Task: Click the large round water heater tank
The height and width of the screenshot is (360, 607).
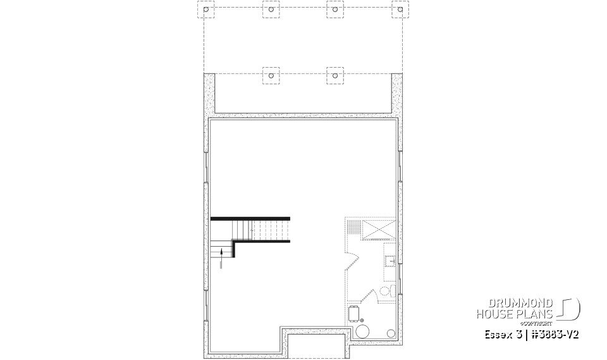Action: pyautogui.click(x=363, y=332)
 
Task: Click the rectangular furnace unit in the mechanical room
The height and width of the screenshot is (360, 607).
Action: pyautogui.click(x=354, y=313)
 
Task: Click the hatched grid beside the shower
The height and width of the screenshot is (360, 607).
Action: pyautogui.click(x=353, y=226)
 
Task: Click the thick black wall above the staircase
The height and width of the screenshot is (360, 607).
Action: pyautogui.click(x=250, y=218)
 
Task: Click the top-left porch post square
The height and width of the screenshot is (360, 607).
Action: pyautogui.click(x=206, y=9)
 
